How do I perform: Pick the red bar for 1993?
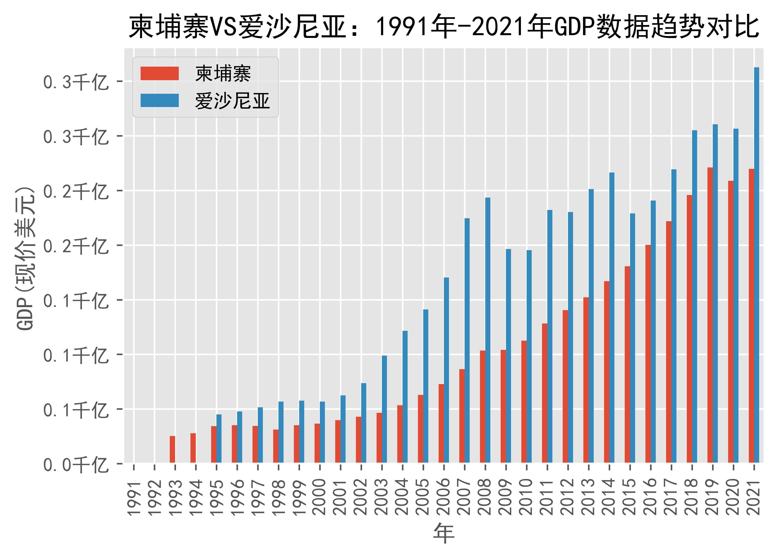click(x=173, y=449)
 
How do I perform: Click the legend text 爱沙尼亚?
click(x=233, y=101)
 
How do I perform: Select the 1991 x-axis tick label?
click(x=134, y=498)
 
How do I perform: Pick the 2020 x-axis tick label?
click(x=733, y=498)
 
